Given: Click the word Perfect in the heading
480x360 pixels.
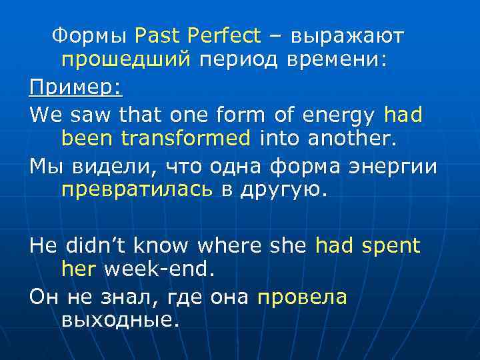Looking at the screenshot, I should click(225, 35).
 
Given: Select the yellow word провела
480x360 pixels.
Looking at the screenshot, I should click(302, 297).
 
